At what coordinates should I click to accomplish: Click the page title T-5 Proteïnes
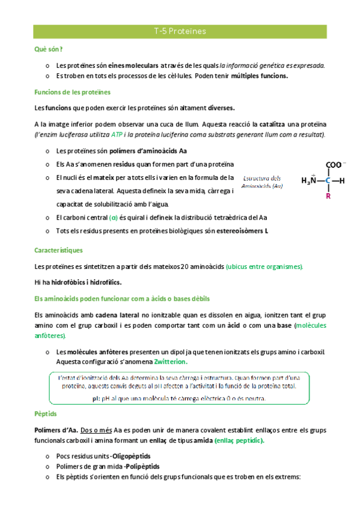180,31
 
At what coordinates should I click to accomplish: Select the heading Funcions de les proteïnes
72,92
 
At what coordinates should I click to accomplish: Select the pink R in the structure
328,196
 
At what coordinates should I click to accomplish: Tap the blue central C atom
328,180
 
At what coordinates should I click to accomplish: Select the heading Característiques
59,250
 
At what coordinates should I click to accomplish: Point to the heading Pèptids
45,414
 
